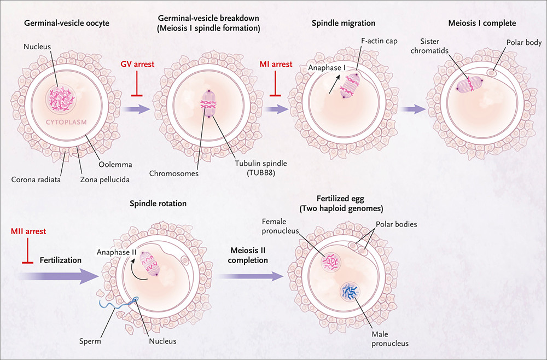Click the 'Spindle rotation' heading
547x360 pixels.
pyautogui.click(x=158, y=204)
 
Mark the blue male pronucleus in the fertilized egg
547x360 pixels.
pyautogui.click(x=350, y=291)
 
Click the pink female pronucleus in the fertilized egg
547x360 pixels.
pyautogui.click(x=331, y=262)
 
